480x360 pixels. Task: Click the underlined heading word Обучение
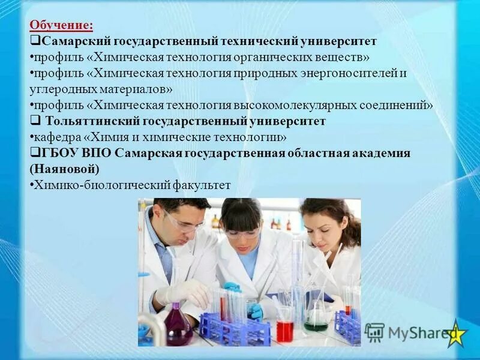pyautogui.click(x=62, y=26)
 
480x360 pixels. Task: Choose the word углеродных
pyautogui.click(x=56, y=89)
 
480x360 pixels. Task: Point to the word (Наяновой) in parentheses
pyautogui.click(x=64, y=169)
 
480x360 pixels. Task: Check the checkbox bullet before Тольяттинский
pyautogui.click(x=35, y=121)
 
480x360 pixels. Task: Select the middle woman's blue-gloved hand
pyautogui.click(x=255, y=311)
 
